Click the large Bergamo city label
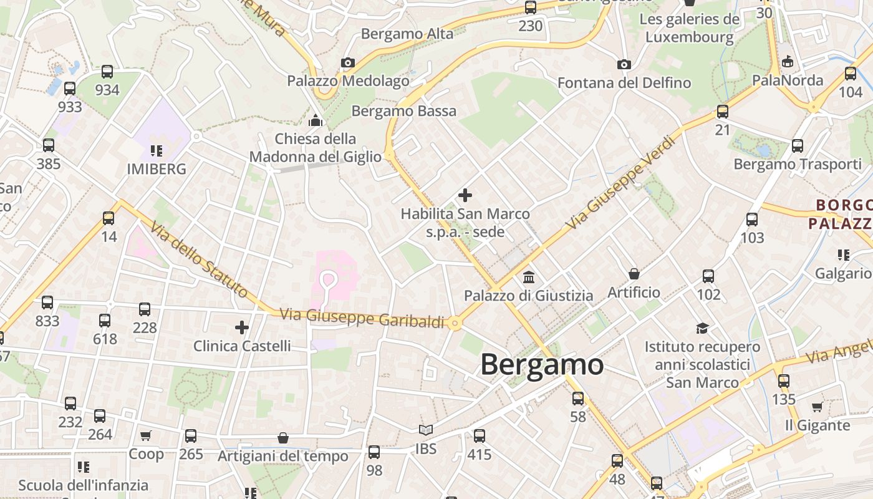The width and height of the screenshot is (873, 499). pos(541,364)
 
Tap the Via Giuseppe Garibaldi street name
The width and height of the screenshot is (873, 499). pos(362,317)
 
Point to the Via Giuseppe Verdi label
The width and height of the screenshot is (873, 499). pos(621,182)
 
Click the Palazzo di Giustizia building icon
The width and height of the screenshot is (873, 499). pos(529,277)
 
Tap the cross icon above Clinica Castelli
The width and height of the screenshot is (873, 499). pos(242,327)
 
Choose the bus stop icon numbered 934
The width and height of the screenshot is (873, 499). pos(107,72)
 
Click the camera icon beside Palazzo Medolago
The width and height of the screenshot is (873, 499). pos(348,62)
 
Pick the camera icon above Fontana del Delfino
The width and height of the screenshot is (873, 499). pos(624,64)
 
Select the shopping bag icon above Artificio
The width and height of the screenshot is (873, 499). pos(634,274)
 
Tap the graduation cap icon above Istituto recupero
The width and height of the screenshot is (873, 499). pos(703,328)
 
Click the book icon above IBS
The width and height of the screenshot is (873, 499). pos(426,430)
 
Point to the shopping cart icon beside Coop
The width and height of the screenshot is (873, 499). pos(146,435)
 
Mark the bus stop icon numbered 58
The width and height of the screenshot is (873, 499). pos(578,399)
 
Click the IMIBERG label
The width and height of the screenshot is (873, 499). pos(157,169)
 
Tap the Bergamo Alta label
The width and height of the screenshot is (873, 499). pos(407,34)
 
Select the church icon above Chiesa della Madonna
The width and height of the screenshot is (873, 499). pos(316,120)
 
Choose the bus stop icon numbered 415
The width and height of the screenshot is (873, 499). pos(479,436)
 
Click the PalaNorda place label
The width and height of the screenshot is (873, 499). pos(788,80)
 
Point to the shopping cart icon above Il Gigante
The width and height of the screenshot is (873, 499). pos(817,407)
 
